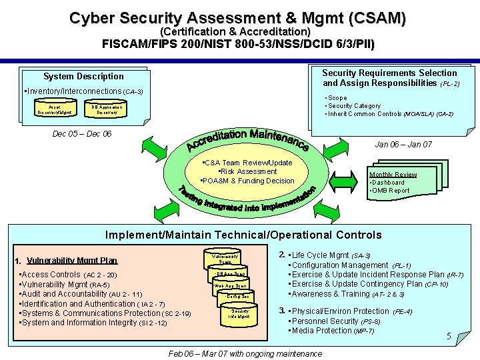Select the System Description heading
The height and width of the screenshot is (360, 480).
[83, 76]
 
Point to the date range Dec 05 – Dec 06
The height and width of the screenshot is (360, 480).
[81, 134]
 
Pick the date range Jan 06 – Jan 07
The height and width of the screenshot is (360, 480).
[403, 144]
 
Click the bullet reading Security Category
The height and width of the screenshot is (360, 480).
[354, 106]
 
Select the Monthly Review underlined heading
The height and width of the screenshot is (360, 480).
[393, 175]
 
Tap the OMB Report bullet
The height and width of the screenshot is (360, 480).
[389, 191]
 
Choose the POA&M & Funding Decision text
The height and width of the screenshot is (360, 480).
[247, 181]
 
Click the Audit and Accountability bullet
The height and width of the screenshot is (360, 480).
[83, 294]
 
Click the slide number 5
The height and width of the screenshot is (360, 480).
[449, 337]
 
